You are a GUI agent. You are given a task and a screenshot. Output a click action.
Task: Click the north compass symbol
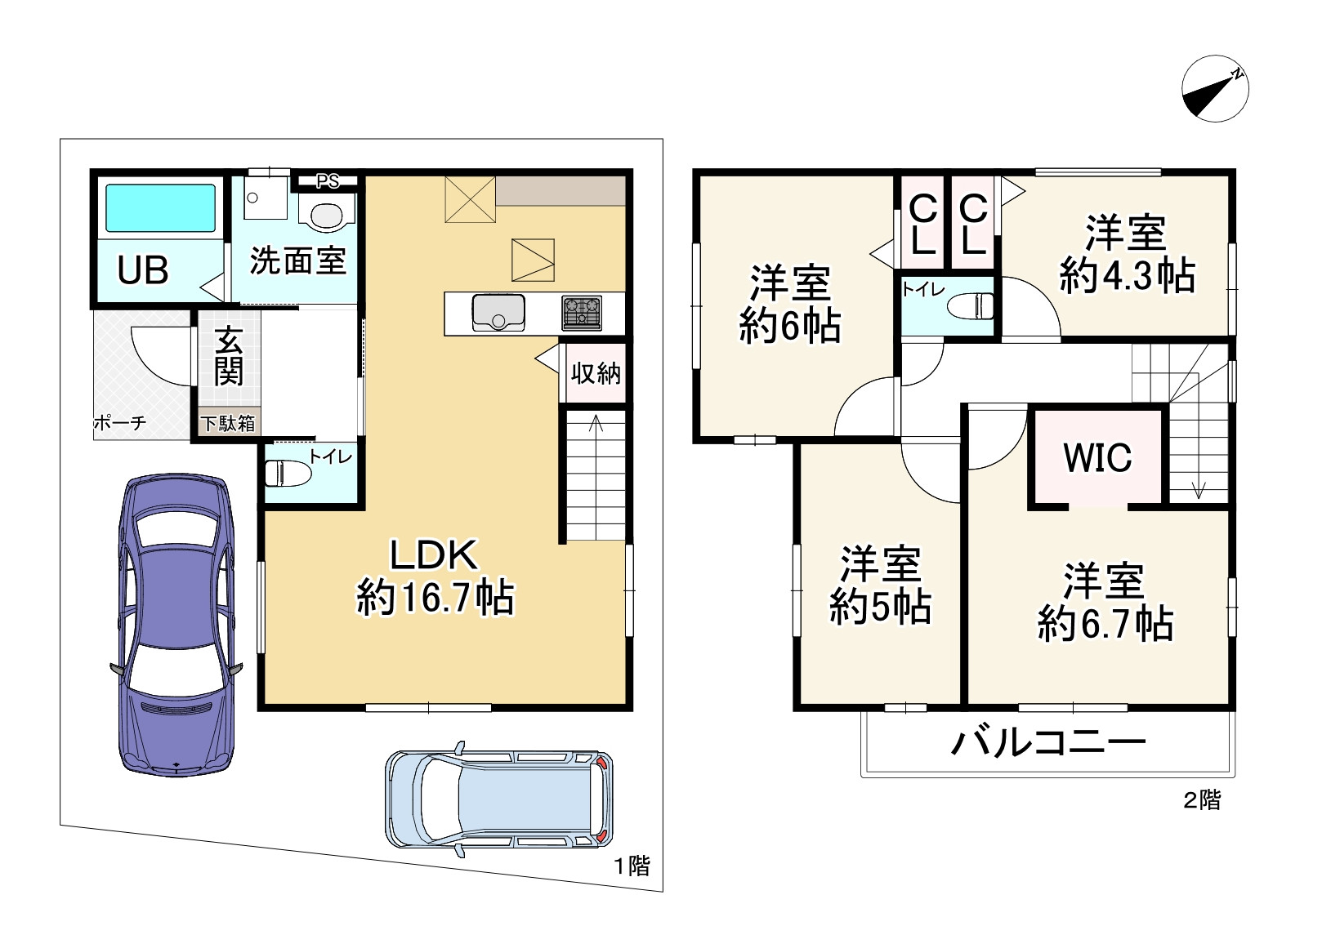click(x=1215, y=89)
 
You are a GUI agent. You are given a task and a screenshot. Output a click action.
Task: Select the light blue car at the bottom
click(x=498, y=799)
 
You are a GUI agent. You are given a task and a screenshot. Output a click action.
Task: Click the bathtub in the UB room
click(x=160, y=208)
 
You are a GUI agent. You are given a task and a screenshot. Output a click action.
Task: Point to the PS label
click(x=328, y=181)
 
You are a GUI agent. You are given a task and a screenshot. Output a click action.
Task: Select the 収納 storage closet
click(x=596, y=373)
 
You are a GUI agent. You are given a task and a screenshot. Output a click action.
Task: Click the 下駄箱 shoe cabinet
click(x=229, y=423)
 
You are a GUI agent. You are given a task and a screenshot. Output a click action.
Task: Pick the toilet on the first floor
click(x=288, y=473)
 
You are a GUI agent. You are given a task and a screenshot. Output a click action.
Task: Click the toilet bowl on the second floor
click(x=971, y=306)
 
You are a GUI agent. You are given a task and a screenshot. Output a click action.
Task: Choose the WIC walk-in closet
click(x=1097, y=457)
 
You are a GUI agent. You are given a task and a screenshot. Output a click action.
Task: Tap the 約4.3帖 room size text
click(x=1128, y=276)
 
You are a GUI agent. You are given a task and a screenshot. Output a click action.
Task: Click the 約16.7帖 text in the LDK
click(x=435, y=598)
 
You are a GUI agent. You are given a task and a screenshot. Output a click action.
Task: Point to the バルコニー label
click(x=1048, y=742)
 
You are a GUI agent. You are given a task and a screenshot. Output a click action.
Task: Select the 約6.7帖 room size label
click(x=1105, y=625)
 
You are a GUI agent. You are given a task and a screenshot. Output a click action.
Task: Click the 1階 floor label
click(x=632, y=866)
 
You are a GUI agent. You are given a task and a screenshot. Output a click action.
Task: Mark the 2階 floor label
click(x=1202, y=800)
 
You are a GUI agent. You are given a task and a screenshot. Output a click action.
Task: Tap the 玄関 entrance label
click(x=229, y=357)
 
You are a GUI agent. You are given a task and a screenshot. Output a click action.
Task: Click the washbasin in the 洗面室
click(x=328, y=214)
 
